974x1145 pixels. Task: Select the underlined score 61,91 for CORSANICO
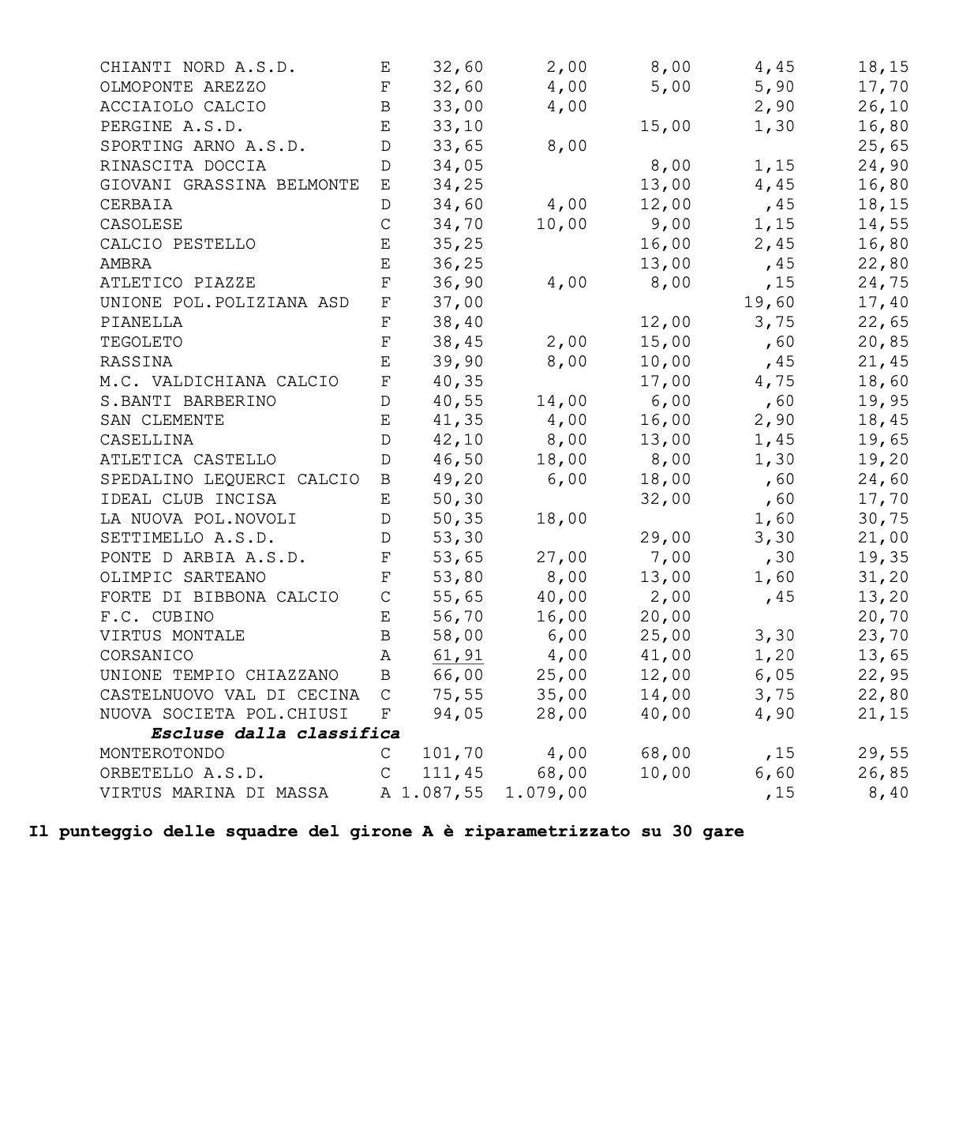(x=458, y=656)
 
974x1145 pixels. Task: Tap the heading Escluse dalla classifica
(x=275, y=734)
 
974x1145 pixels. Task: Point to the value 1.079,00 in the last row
(x=546, y=793)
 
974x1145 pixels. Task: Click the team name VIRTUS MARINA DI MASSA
(x=214, y=793)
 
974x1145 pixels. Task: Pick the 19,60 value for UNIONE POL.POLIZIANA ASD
(x=769, y=303)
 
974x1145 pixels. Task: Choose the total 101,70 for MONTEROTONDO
(x=453, y=754)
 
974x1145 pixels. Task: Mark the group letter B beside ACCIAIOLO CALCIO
(x=385, y=107)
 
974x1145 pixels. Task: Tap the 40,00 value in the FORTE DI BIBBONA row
(x=561, y=598)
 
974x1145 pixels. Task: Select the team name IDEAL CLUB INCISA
(x=188, y=500)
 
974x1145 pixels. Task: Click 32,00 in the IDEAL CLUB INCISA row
(x=665, y=500)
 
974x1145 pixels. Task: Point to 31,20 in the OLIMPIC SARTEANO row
(x=883, y=578)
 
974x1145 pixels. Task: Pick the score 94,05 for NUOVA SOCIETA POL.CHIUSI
(x=458, y=715)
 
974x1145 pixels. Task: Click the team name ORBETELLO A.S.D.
(x=182, y=774)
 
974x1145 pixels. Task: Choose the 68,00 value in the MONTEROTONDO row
(x=665, y=754)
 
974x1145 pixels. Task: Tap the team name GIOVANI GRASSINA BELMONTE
(x=229, y=186)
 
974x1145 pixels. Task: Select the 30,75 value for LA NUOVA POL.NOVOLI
(x=883, y=520)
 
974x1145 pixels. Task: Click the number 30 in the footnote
(x=683, y=832)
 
